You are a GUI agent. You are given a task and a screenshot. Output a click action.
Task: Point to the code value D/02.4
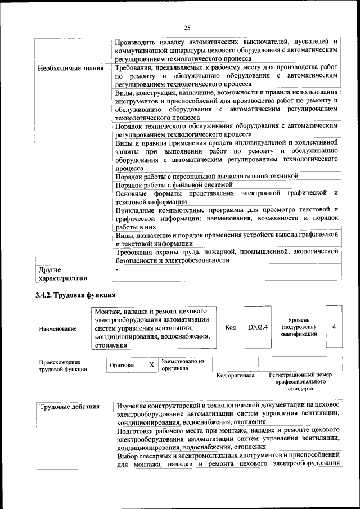(x=258, y=327)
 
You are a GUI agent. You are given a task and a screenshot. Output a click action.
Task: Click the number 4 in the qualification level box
(x=334, y=326)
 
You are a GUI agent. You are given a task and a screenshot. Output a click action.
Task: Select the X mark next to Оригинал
(x=151, y=365)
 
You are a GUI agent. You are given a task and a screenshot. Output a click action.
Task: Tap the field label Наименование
(x=58, y=328)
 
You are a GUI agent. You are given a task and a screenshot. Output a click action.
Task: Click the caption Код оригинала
(x=236, y=375)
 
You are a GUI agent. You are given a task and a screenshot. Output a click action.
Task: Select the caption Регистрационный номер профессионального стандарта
(x=300, y=381)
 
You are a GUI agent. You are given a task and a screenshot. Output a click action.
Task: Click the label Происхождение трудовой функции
(x=63, y=366)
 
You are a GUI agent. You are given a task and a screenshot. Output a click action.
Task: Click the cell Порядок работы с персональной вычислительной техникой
(x=206, y=176)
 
